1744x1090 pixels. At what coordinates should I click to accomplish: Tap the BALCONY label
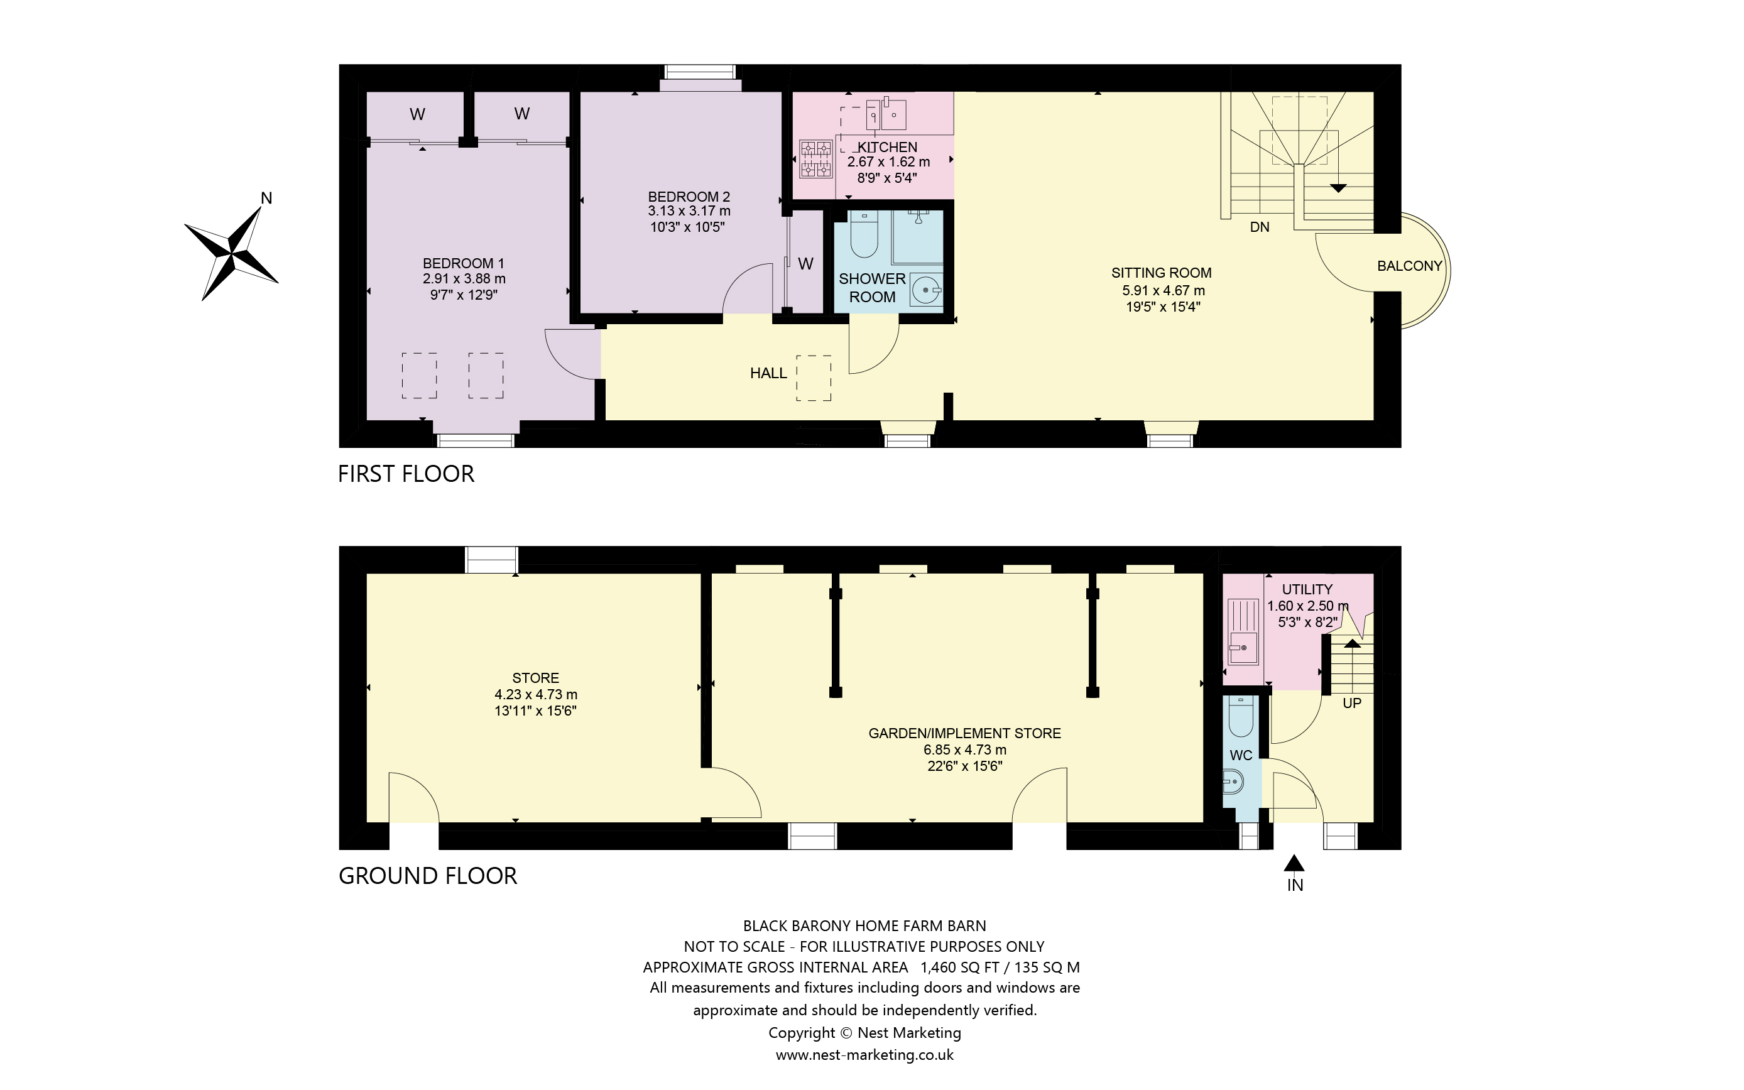point(1409,266)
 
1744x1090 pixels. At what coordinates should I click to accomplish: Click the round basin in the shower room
point(926,290)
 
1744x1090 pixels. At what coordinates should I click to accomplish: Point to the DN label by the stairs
point(1259,227)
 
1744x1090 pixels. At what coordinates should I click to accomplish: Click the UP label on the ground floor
point(1351,703)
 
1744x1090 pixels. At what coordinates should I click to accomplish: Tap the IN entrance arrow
point(1294,864)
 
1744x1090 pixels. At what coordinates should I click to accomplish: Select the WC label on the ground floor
point(1240,756)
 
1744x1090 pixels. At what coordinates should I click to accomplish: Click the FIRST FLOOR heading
point(406,474)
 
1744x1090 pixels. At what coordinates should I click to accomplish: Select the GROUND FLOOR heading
point(427,876)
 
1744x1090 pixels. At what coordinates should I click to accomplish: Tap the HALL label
point(768,373)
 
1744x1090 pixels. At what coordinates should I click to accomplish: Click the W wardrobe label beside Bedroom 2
point(805,264)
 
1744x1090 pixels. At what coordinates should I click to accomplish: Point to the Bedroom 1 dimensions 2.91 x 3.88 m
point(464,279)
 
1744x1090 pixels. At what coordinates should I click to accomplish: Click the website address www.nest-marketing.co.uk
point(864,1055)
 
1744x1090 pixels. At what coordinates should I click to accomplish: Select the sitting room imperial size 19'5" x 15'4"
point(1162,307)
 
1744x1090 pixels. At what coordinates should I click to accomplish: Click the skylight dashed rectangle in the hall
point(814,378)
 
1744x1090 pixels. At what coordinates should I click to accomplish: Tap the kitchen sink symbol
point(886,114)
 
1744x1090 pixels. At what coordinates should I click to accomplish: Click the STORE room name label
point(535,678)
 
